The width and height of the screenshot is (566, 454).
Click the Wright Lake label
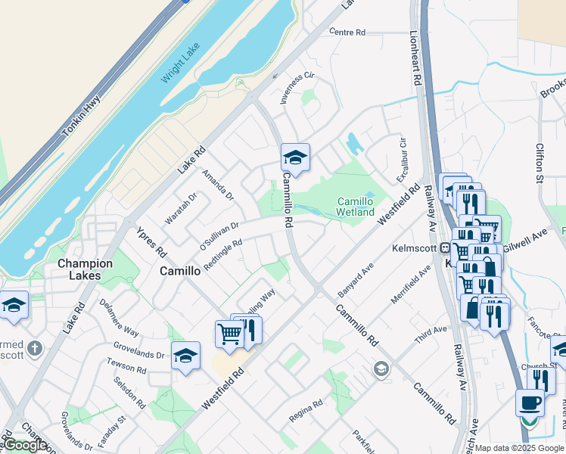(x=179, y=62)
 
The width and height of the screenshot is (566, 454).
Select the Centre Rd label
(x=347, y=33)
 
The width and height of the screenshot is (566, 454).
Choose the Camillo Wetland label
(x=355, y=207)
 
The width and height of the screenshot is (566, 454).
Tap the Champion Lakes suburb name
(x=85, y=269)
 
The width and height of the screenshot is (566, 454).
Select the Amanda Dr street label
(x=218, y=185)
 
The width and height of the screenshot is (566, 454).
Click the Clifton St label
(x=540, y=163)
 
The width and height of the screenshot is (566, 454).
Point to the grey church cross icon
(x=34, y=350)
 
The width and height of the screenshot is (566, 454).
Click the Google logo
(x=25, y=445)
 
